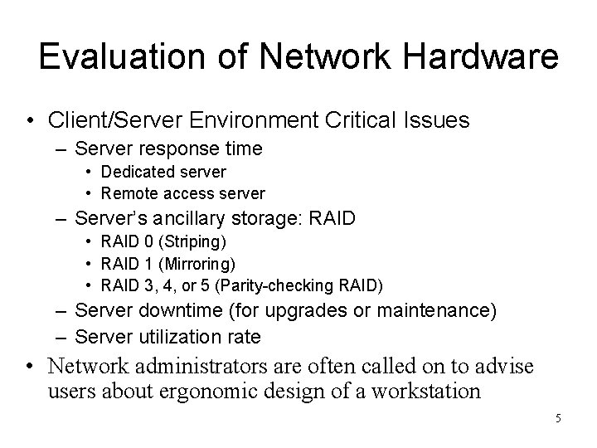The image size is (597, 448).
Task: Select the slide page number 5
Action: coord(558,418)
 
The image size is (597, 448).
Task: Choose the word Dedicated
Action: coord(137,172)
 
